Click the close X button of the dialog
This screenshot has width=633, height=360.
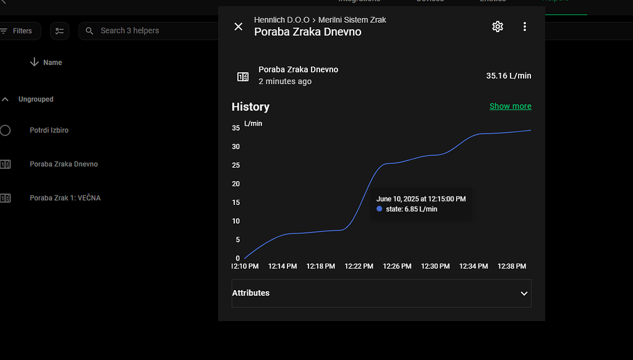click(238, 27)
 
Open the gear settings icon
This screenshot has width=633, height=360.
click(498, 27)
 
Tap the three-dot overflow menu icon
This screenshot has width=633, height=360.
click(525, 27)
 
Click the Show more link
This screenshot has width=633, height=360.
click(510, 106)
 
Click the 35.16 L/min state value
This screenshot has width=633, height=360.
click(508, 76)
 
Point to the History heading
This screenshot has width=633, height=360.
click(250, 107)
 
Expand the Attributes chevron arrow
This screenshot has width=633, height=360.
click(524, 294)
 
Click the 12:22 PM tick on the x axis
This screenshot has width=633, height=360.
click(359, 267)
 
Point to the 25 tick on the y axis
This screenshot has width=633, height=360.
click(236, 165)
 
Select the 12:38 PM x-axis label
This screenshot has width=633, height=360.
click(512, 267)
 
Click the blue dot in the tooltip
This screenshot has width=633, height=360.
click(380, 209)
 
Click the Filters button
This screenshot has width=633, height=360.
click(19, 31)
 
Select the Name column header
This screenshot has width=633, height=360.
click(52, 62)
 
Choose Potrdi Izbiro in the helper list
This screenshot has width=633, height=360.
click(49, 131)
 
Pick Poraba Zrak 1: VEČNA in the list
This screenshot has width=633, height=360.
click(65, 199)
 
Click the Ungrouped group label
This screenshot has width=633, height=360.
click(36, 100)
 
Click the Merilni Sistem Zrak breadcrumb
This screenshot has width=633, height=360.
click(352, 20)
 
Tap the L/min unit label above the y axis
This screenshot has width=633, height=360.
click(253, 124)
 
